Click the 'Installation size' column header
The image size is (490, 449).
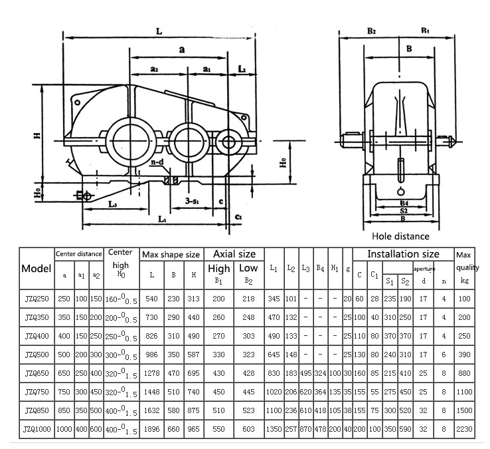pyautogui.click(x=403, y=253)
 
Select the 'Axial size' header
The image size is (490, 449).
pyautogui.click(x=234, y=253)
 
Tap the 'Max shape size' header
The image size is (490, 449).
pyautogui.click(x=171, y=254)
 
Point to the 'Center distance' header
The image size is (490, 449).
pyautogui.click(x=78, y=253)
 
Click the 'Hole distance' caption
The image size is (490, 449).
pyautogui.click(x=400, y=235)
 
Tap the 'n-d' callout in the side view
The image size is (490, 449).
pyautogui.click(x=157, y=161)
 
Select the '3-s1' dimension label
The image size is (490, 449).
pyautogui.click(x=194, y=200)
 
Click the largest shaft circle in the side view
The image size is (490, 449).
pyautogui.click(x=129, y=140)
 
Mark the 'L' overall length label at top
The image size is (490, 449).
pyautogui.click(x=159, y=31)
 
